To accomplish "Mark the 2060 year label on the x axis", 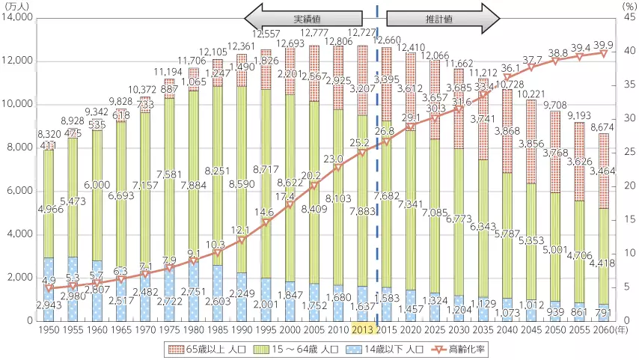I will point(599,331).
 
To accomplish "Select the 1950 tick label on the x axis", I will point(49,331).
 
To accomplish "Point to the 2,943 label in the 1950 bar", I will point(49,307).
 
